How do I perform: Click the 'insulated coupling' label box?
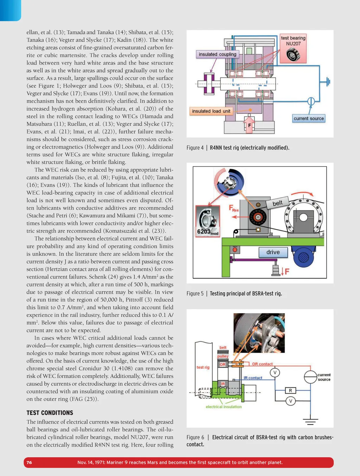[217, 54]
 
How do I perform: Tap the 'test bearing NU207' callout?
[293, 48]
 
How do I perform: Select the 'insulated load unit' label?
[211, 111]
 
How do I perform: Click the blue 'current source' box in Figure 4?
[309, 118]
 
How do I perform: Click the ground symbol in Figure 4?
[327, 82]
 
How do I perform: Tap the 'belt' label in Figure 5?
[277, 203]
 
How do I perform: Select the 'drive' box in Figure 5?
[273, 252]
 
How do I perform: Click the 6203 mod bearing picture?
[208, 221]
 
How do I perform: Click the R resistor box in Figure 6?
[290, 391]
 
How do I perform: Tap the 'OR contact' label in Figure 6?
[262, 364]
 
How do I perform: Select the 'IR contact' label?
[253, 378]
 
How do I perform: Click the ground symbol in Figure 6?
[310, 421]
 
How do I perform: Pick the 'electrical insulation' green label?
[224, 407]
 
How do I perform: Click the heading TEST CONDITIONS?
[50, 413]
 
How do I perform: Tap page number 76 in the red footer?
[29, 463]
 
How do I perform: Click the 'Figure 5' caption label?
[195, 294]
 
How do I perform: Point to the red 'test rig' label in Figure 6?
[203, 367]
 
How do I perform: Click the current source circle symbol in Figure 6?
[310, 377]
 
